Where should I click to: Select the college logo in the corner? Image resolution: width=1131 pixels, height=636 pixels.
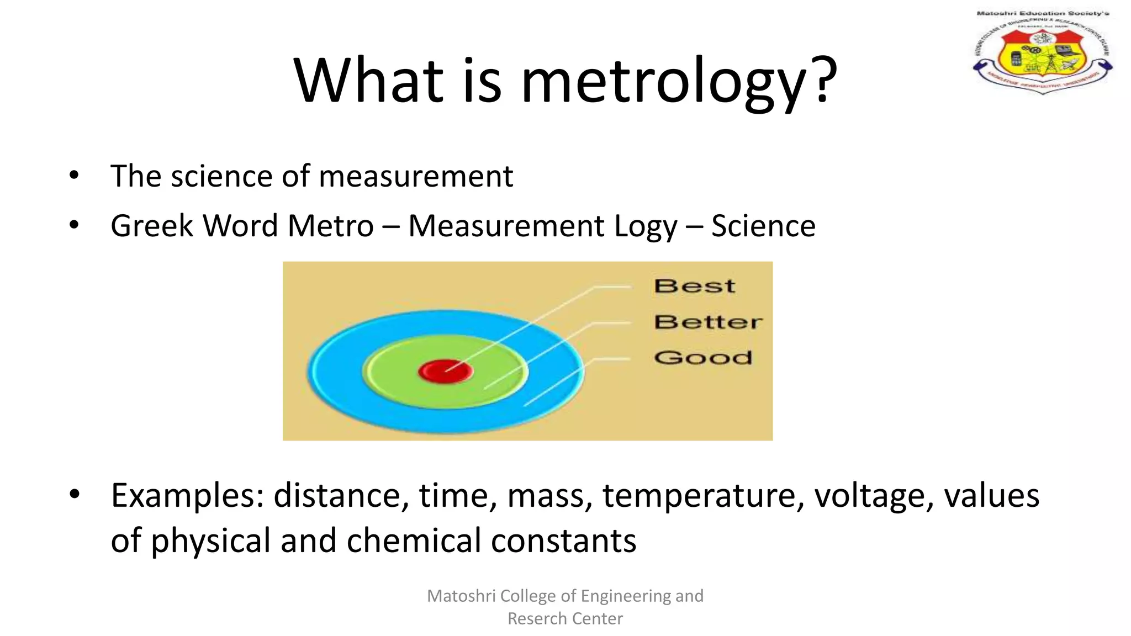[1043, 53]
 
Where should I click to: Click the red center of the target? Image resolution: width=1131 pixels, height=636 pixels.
[445, 371]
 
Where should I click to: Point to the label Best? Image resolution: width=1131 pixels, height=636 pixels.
[694, 286]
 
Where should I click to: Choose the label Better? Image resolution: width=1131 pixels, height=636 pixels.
[708, 322]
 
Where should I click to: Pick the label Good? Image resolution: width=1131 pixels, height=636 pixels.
[703, 357]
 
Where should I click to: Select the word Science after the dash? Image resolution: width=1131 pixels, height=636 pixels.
[763, 226]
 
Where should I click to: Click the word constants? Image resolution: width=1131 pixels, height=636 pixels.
[563, 540]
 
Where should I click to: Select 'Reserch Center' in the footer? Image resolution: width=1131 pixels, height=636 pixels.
[565, 618]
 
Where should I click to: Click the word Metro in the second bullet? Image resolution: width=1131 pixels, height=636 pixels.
[330, 226]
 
